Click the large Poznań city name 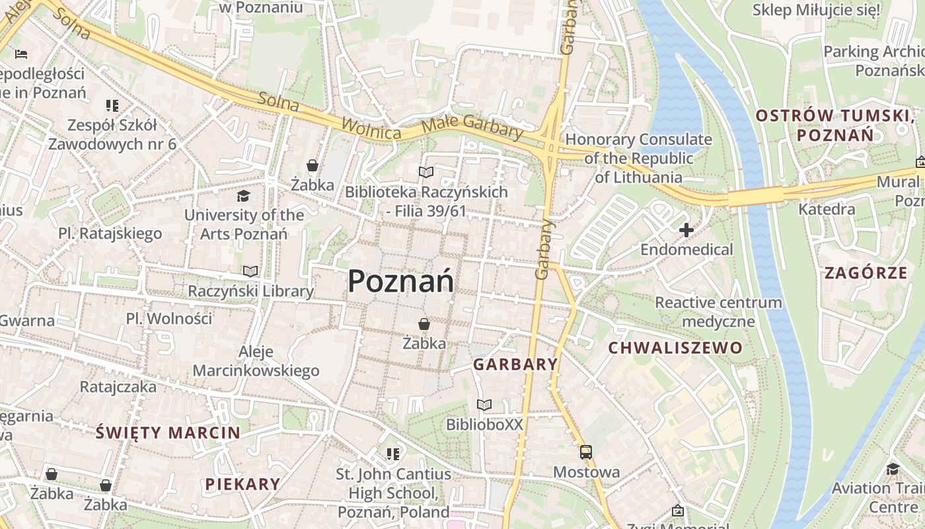click(x=401, y=281)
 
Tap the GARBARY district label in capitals click(x=516, y=364)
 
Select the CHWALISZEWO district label click(x=675, y=348)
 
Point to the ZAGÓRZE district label click(x=866, y=272)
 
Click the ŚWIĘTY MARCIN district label click(x=168, y=433)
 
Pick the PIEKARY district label click(x=242, y=484)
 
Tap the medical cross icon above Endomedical click(x=686, y=230)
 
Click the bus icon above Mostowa click(x=586, y=452)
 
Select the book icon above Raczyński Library click(x=250, y=271)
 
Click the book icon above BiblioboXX click(x=484, y=405)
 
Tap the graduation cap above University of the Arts click(x=244, y=196)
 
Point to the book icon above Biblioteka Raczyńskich click(x=426, y=172)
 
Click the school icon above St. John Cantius click(x=393, y=454)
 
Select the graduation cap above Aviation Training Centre click(x=893, y=469)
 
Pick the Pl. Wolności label click(x=169, y=319)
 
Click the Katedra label click(x=827, y=210)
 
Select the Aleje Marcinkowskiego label click(x=256, y=361)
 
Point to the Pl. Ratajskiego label click(x=110, y=233)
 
